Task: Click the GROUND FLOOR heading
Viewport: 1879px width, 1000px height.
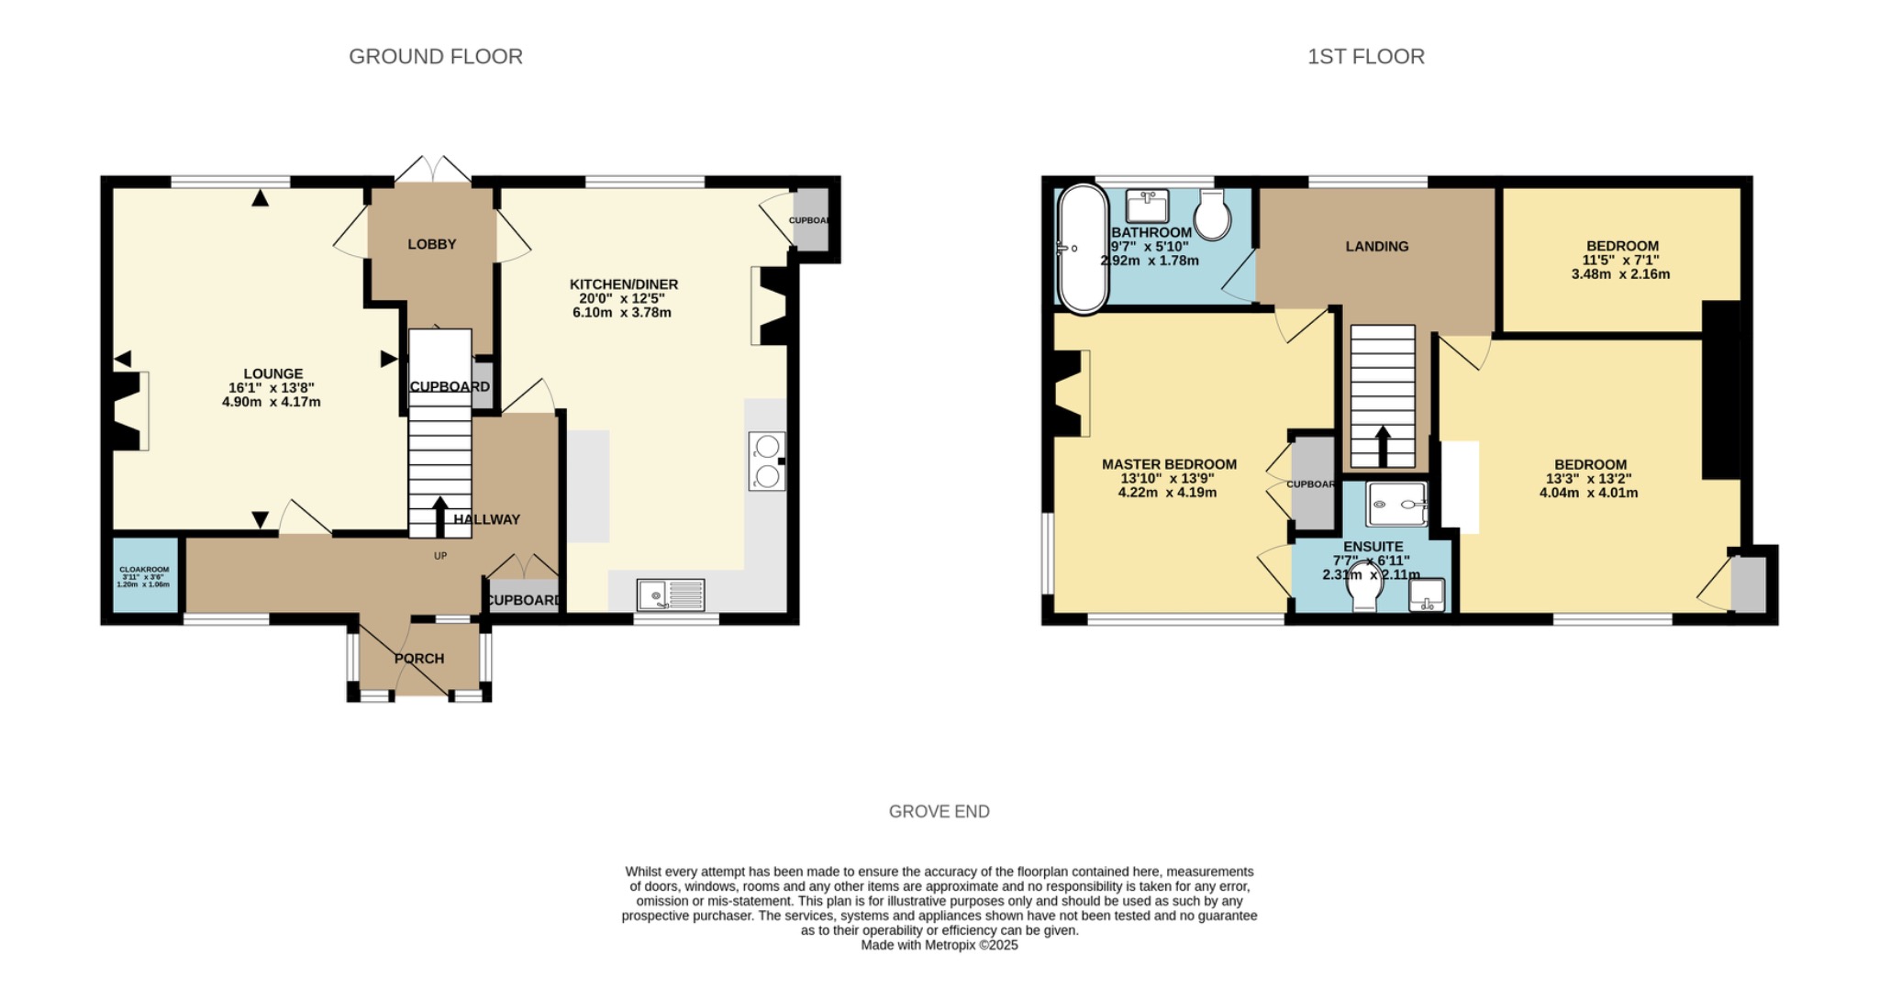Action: (436, 57)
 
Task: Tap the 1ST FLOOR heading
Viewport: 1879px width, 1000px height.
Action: (1365, 57)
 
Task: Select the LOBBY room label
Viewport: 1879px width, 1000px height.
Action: (432, 244)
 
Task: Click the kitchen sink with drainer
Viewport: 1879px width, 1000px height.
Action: (671, 595)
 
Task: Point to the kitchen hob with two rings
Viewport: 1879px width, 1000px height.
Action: (767, 461)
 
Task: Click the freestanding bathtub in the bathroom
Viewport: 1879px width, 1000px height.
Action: (1083, 249)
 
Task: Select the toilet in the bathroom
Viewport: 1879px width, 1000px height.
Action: (1213, 216)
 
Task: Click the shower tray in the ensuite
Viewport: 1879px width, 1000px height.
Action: (1396, 505)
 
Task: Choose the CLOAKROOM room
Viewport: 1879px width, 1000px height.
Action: (144, 575)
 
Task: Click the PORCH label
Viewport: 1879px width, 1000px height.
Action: (419, 659)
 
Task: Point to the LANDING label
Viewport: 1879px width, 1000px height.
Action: (1376, 247)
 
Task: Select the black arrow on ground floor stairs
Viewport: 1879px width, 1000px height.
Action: (440, 516)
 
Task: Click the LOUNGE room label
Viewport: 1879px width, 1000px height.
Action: (272, 373)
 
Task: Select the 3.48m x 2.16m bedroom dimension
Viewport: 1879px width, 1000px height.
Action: (1620, 274)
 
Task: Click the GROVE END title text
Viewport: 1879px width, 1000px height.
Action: (939, 812)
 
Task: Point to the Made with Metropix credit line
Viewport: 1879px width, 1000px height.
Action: (939, 945)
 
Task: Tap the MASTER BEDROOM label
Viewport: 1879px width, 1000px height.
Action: (1168, 465)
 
